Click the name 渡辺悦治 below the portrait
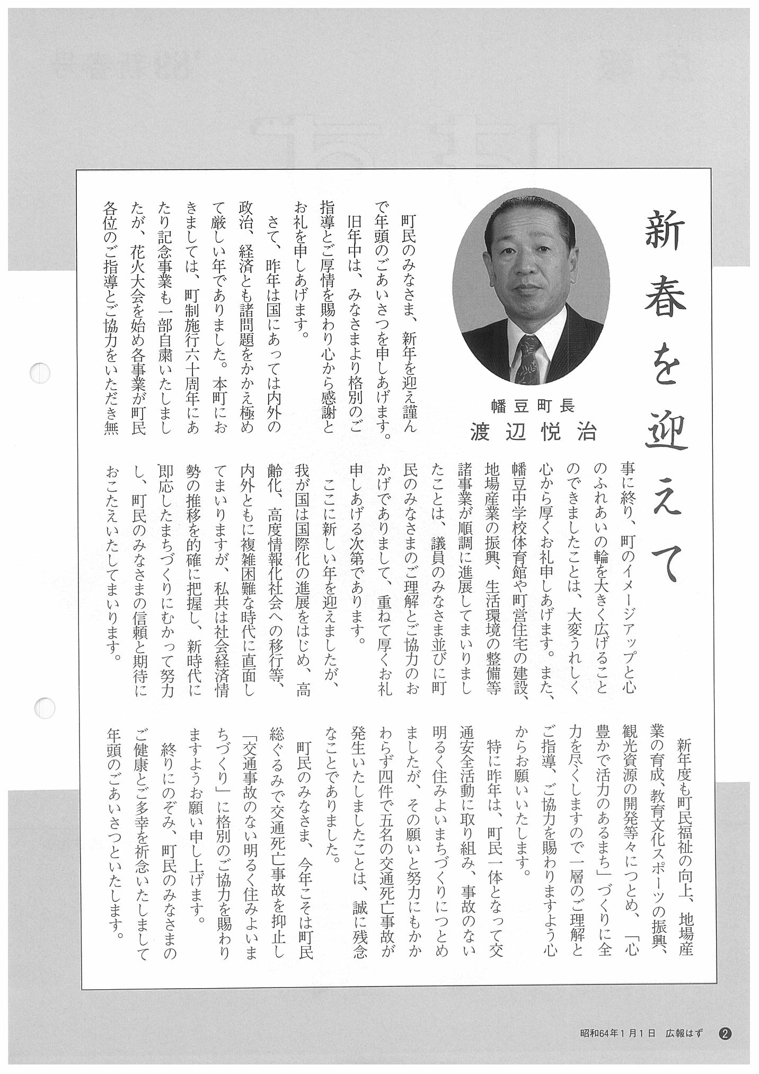pyautogui.click(x=533, y=433)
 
